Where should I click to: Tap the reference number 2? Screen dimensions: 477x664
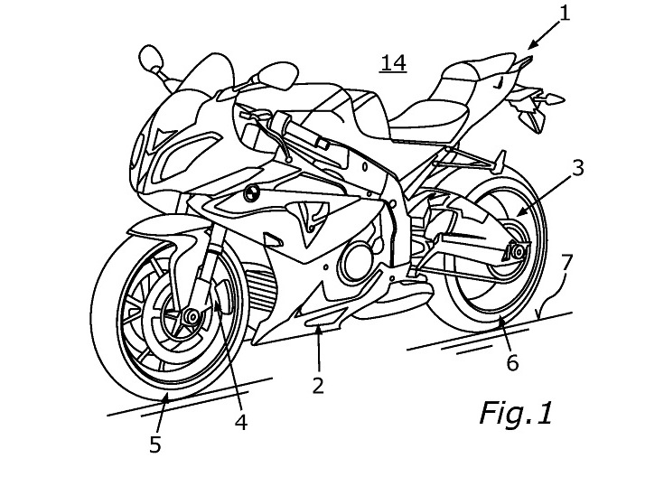(x=318, y=385)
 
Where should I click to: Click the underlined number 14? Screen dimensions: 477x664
(x=393, y=62)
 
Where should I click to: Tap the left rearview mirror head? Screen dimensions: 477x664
(x=151, y=61)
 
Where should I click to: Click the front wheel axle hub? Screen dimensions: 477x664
(x=191, y=317)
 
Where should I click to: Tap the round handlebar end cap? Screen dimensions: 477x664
(x=249, y=193)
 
